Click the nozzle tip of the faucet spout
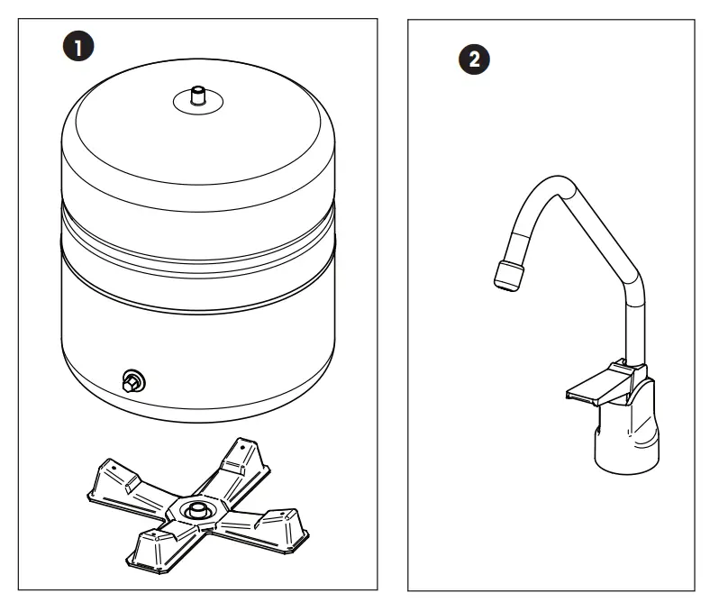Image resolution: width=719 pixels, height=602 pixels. pos(509,273)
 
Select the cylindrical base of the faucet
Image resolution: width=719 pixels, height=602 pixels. pos(626,442)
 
